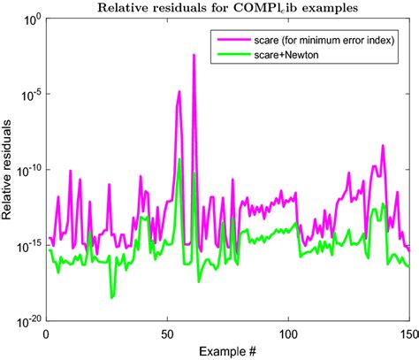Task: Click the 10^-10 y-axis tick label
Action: [26, 170]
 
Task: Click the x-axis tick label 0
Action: [46, 334]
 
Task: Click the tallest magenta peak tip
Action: [194, 55]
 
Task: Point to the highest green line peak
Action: [179, 160]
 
